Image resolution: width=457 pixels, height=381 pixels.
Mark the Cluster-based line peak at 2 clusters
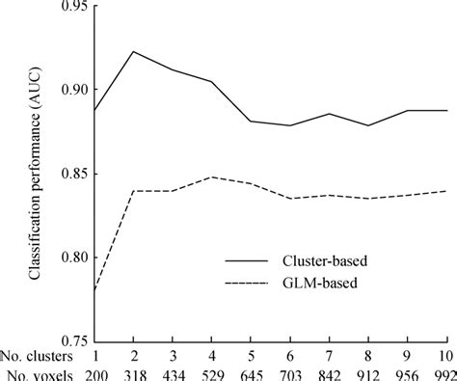point(133,51)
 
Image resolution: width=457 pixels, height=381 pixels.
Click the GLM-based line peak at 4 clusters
point(212,177)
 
